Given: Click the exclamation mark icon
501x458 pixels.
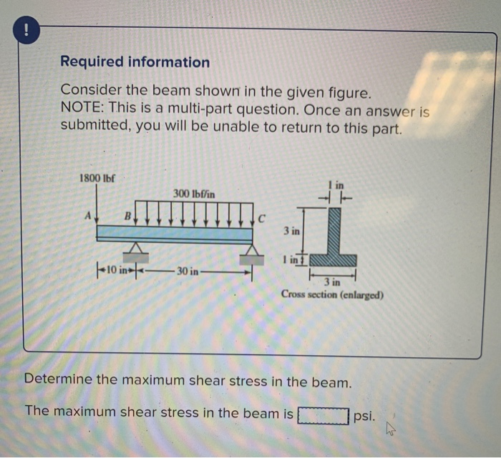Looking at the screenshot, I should coord(26,30).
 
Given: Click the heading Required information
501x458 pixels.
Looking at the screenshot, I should coord(135,62).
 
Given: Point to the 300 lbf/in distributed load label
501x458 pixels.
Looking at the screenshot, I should coord(194,193).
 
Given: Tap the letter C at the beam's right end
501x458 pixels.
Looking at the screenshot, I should coord(262,217).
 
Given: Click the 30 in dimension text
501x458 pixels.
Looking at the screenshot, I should coord(190,272).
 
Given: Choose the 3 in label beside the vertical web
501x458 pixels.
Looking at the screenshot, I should coord(290,232).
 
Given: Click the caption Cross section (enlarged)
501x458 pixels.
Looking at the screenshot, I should coord(332,294).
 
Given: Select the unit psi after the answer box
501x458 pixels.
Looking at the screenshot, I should coord(364,414).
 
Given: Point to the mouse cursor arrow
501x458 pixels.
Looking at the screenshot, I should coord(390,428).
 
